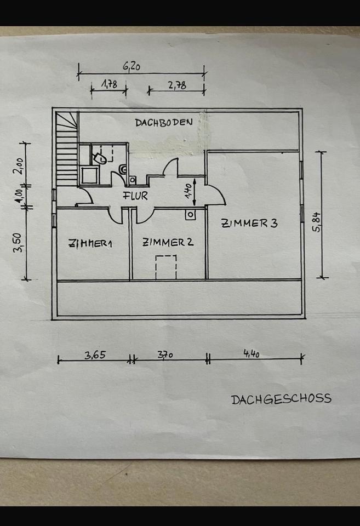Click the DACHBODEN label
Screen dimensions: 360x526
click(164, 122)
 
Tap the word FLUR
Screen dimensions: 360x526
click(135, 196)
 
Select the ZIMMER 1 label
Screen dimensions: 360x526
click(90, 244)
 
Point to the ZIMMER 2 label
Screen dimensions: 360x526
click(168, 242)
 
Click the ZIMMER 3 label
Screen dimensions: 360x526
click(250, 223)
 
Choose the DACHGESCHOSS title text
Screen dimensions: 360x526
click(281, 399)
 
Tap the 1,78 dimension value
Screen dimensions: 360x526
click(110, 84)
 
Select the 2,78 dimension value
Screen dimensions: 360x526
click(177, 85)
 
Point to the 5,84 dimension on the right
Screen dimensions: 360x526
click(316, 221)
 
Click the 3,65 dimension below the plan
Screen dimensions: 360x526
click(95, 355)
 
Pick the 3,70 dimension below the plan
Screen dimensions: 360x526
click(165, 355)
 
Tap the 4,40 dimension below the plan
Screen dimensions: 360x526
click(252, 355)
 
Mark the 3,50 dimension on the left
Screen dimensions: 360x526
click(18, 242)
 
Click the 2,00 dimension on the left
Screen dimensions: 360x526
click(19, 164)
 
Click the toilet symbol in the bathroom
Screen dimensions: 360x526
click(99, 158)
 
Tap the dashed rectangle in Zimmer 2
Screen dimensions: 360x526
click(166, 267)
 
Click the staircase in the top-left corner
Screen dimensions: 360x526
click(66, 148)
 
